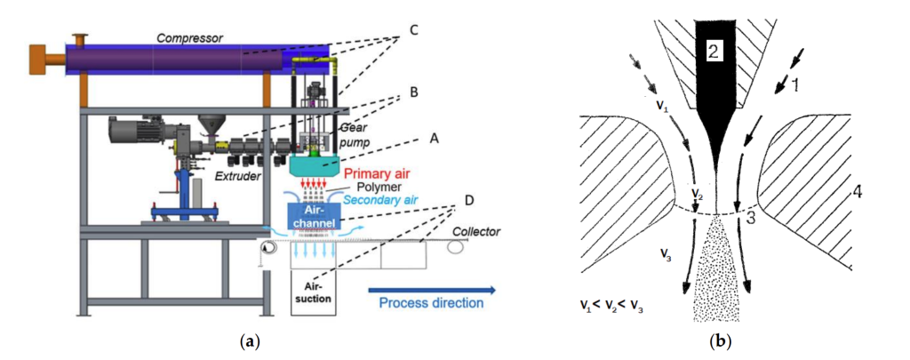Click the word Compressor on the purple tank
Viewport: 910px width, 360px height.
coord(189,38)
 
